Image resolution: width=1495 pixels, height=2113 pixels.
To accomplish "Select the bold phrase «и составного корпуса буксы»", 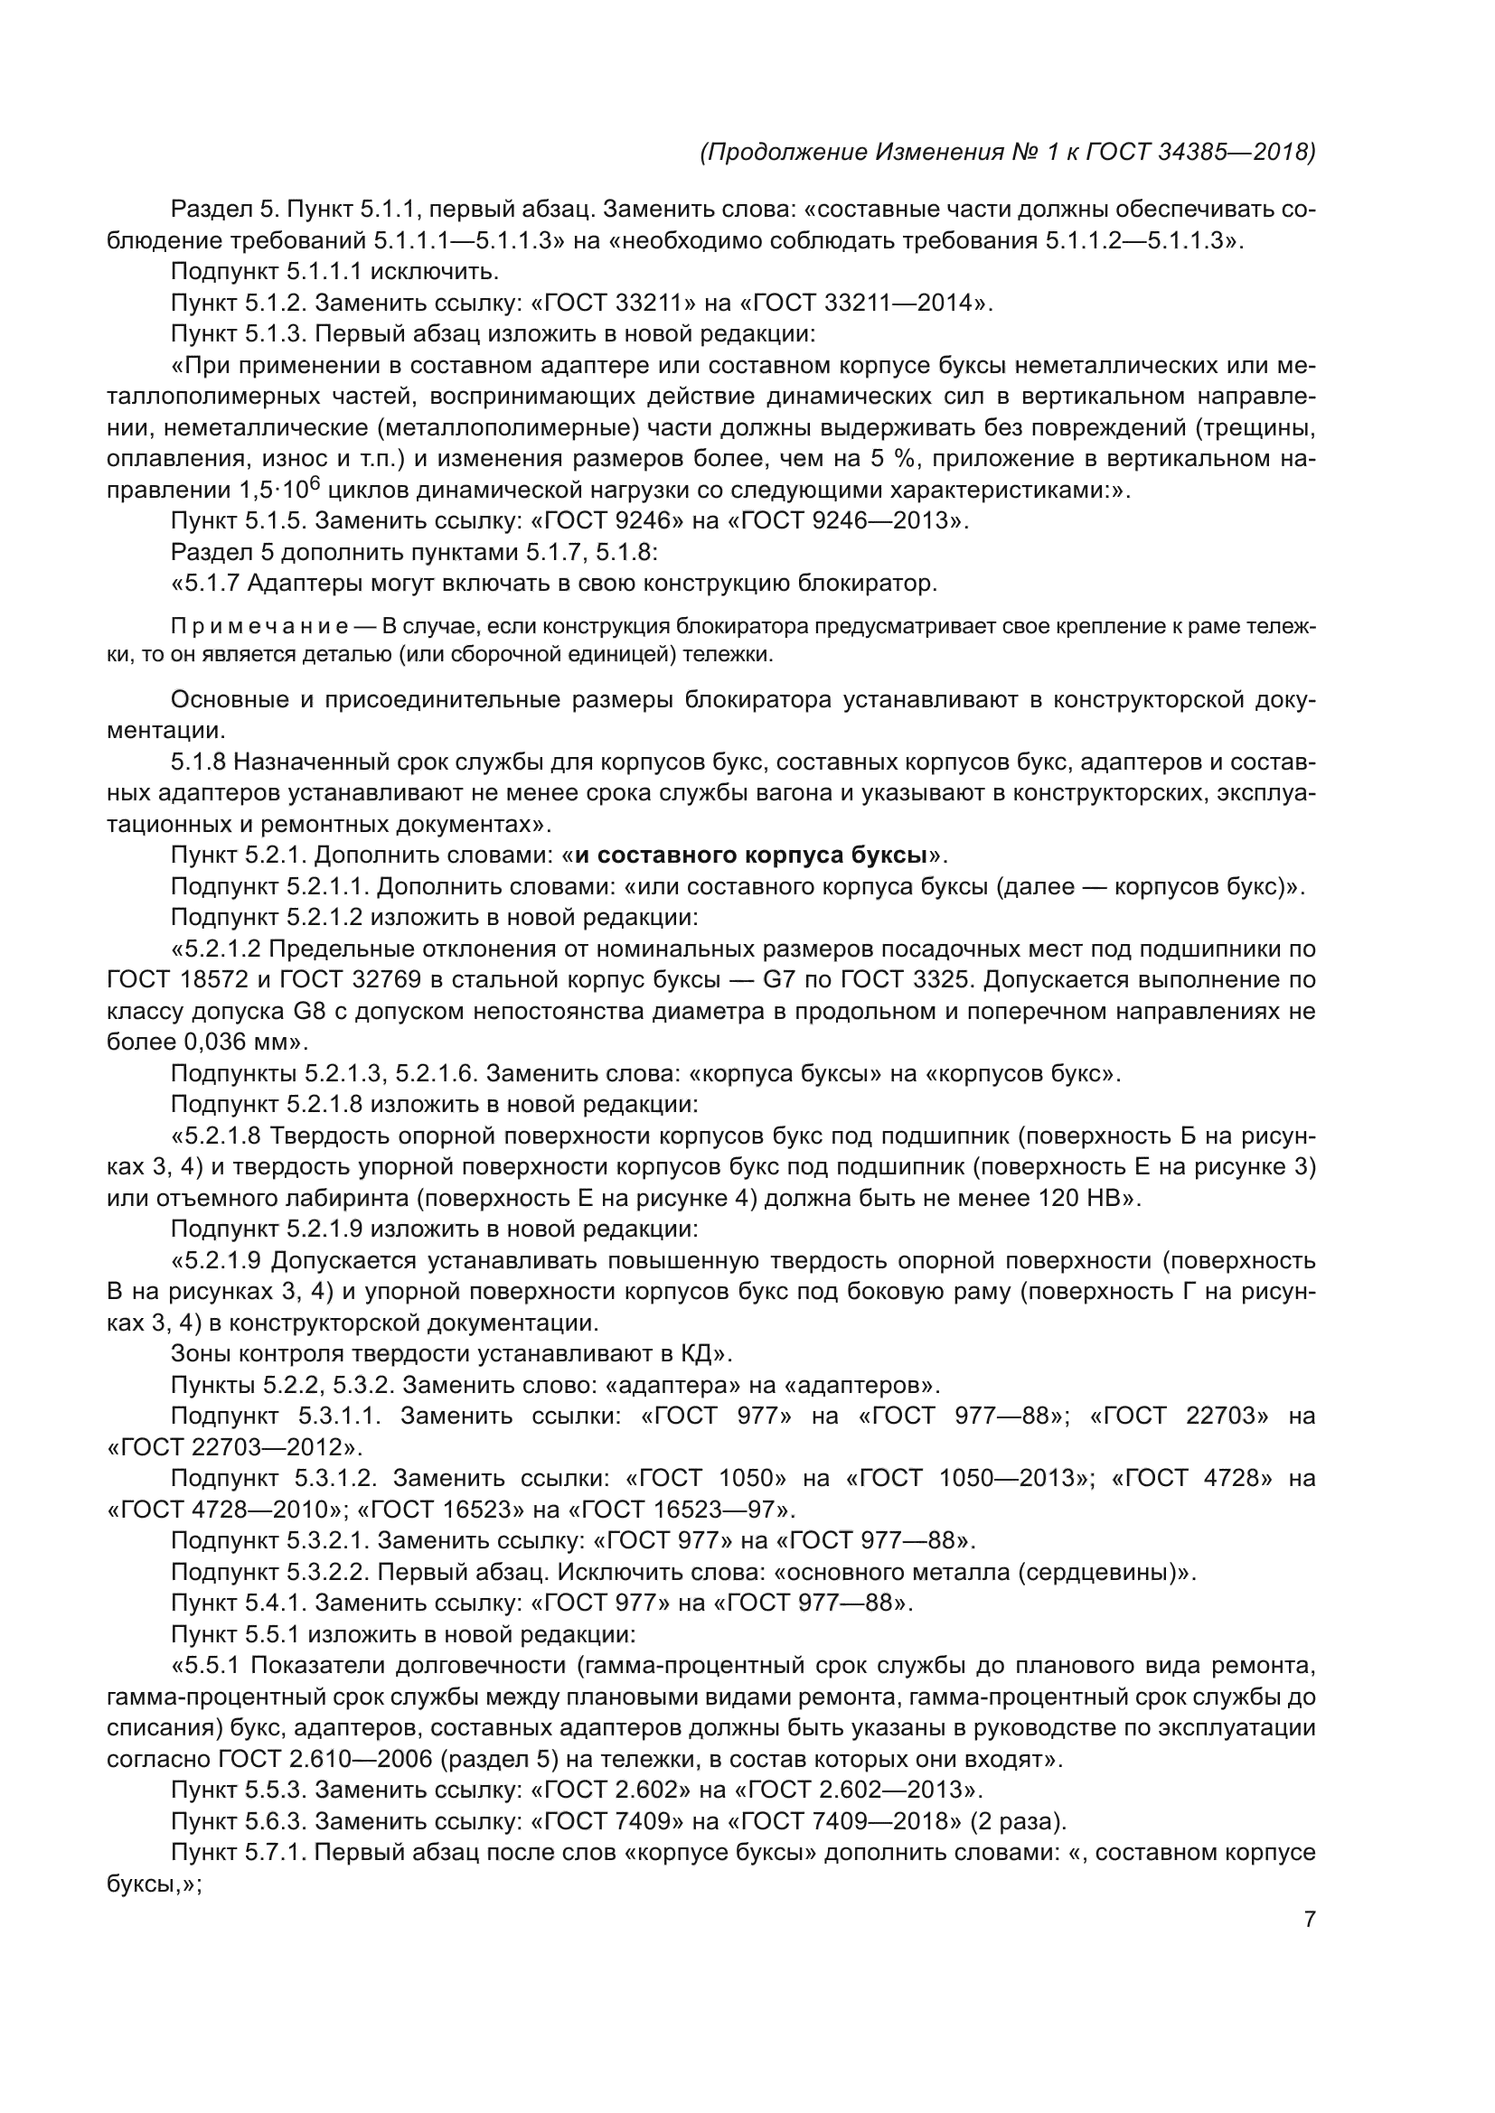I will [x=750, y=855].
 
